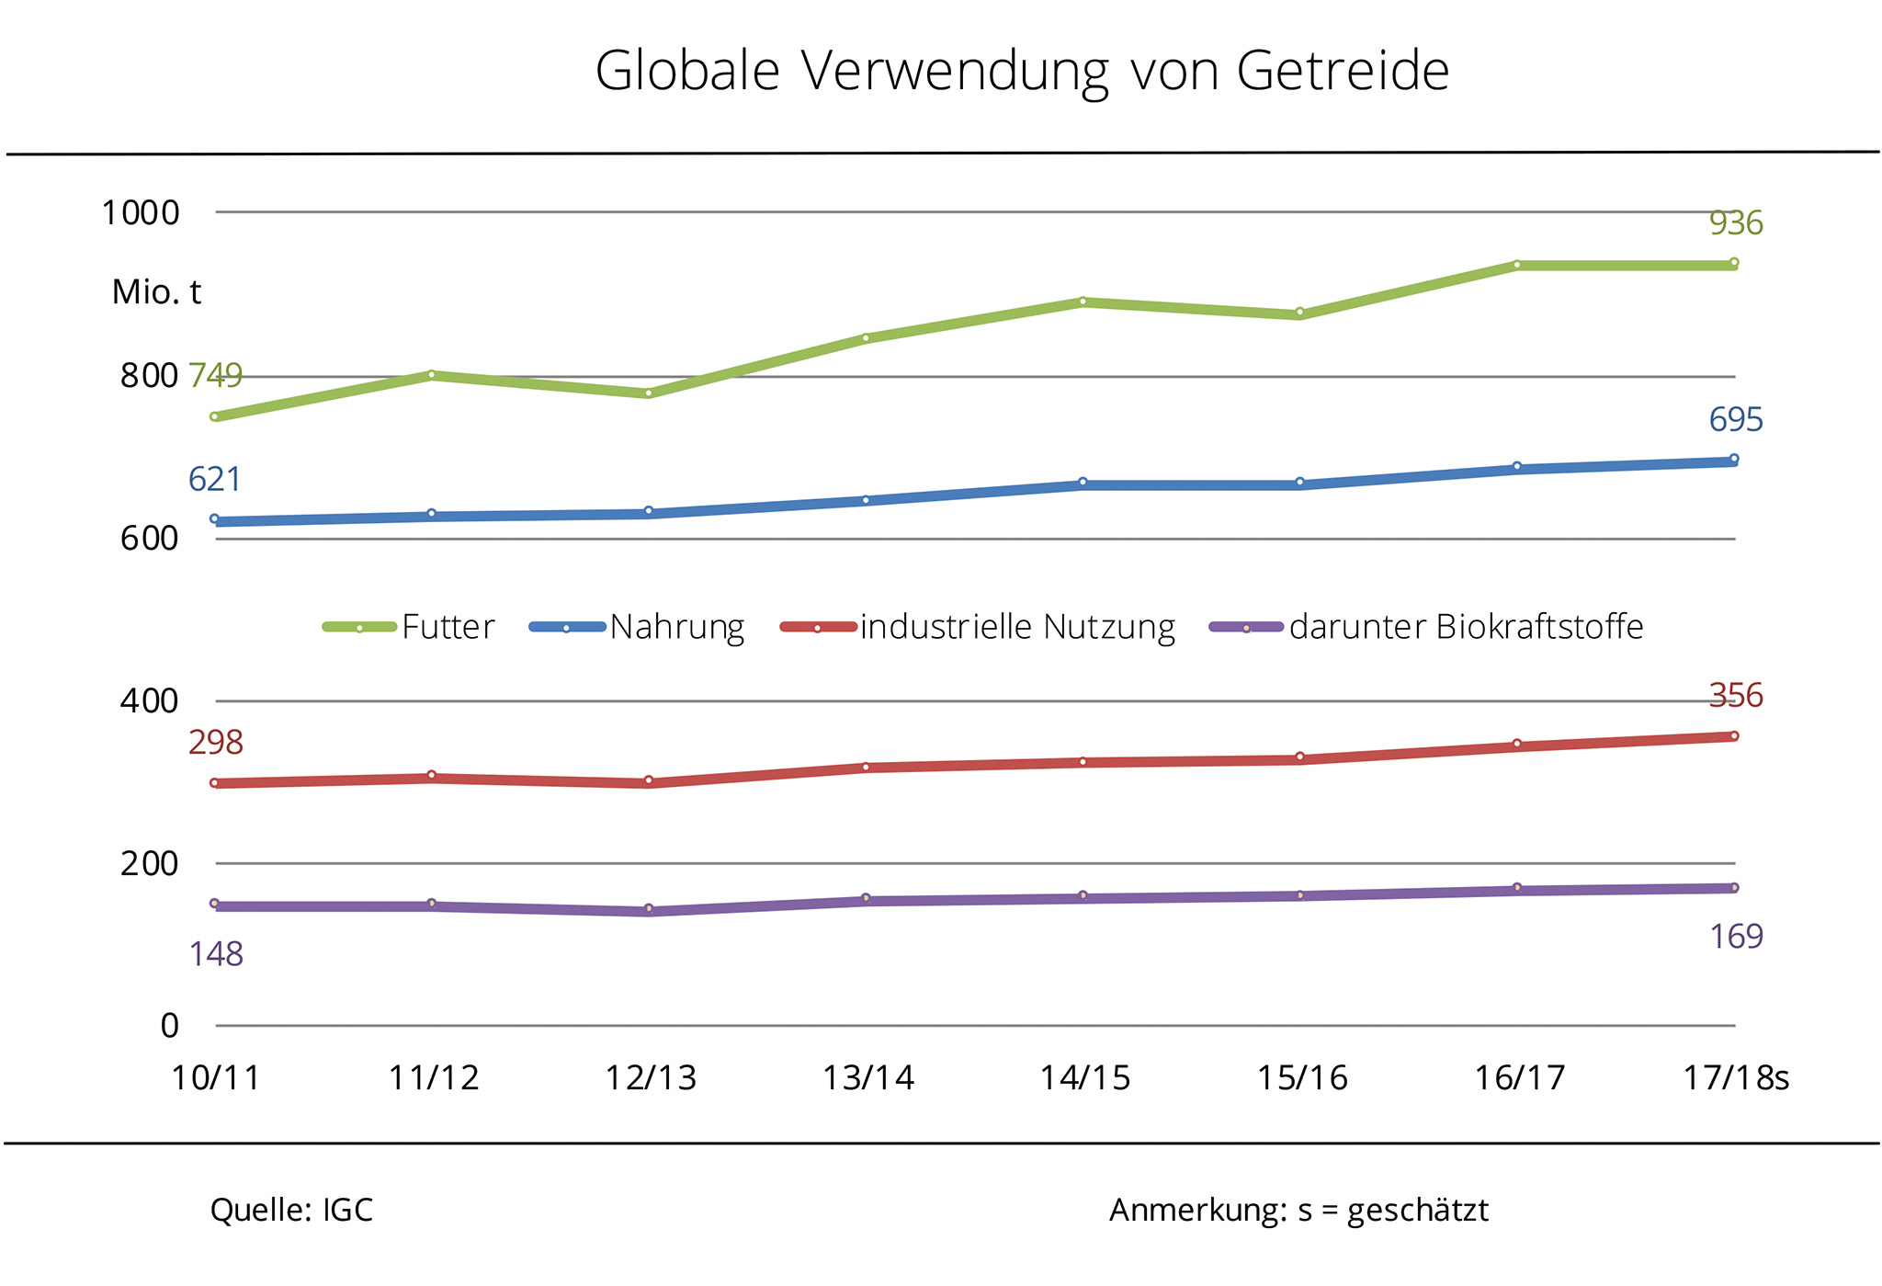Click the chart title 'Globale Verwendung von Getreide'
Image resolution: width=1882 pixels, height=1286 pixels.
click(1021, 71)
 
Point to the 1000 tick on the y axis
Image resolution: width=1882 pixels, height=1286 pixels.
click(140, 213)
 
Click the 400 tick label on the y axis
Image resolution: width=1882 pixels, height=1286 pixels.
click(149, 701)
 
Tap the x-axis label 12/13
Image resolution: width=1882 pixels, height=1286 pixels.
click(651, 1077)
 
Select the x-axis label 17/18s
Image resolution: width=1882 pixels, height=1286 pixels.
click(1735, 1077)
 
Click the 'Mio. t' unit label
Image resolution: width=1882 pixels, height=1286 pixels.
click(156, 292)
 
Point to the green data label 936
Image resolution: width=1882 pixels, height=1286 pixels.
click(1735, 223)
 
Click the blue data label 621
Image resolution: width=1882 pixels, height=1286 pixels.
click(214, 480)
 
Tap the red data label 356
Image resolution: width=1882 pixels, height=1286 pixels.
click(1735, 696)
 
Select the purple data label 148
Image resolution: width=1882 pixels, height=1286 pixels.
click(216, 954)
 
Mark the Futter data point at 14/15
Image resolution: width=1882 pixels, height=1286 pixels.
click(1083, 302)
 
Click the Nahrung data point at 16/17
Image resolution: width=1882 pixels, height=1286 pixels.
click(1517, 467)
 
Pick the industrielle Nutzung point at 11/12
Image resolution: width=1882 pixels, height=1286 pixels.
click(432, 776)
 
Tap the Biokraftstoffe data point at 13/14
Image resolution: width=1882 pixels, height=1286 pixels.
click(866, 898)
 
